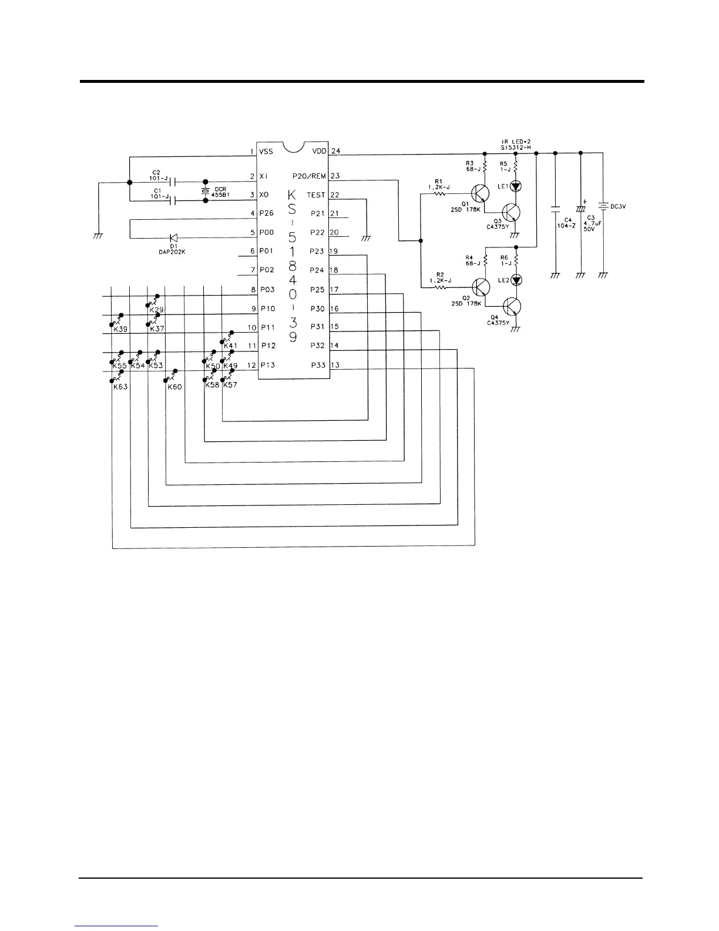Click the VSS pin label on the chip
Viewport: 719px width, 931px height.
(x=266, y=152)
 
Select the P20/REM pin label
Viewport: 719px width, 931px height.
(x=309, y=176)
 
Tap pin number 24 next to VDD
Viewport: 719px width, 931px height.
(x=335, y=151)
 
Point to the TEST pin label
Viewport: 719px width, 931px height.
(x=315, y=195)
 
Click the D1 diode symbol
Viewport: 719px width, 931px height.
(x=173, y=238)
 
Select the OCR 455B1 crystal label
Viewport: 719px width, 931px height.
(x=221, y=192)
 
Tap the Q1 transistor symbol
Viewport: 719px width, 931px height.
(x=481, y=193)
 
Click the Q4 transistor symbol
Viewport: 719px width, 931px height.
(x=512, y=306)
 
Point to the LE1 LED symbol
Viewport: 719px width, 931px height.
(x=516, y=186)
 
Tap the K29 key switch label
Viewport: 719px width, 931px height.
(x=157, y=309)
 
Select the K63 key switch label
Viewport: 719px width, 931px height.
(x=120, y=387)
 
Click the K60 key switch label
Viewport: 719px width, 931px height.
(x=174, y=387)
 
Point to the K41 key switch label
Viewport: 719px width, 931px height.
(x=230, y=346)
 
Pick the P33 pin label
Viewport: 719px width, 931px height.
(x=318, y=365)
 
